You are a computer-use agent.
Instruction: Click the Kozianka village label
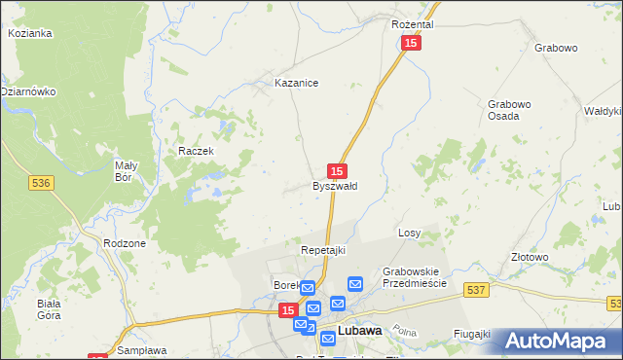(29, 33)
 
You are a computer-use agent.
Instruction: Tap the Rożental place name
(412, 23)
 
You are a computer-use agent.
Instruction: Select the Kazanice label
(297, 84)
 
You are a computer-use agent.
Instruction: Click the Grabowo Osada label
(510, 109)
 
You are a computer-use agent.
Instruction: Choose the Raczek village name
(196, 152)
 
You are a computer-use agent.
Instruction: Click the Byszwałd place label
(335, 186)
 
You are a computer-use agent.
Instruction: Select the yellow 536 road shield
(40, 182)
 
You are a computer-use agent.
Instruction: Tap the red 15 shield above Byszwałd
(337, 169)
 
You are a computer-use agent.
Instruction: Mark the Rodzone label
(125, 243)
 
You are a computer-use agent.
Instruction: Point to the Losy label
(409, 234)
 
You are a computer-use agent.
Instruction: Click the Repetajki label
(323, 250)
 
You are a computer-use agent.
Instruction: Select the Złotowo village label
(531, 257)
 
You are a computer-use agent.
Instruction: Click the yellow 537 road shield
(475, 290)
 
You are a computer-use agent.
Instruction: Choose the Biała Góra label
(50, 308)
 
